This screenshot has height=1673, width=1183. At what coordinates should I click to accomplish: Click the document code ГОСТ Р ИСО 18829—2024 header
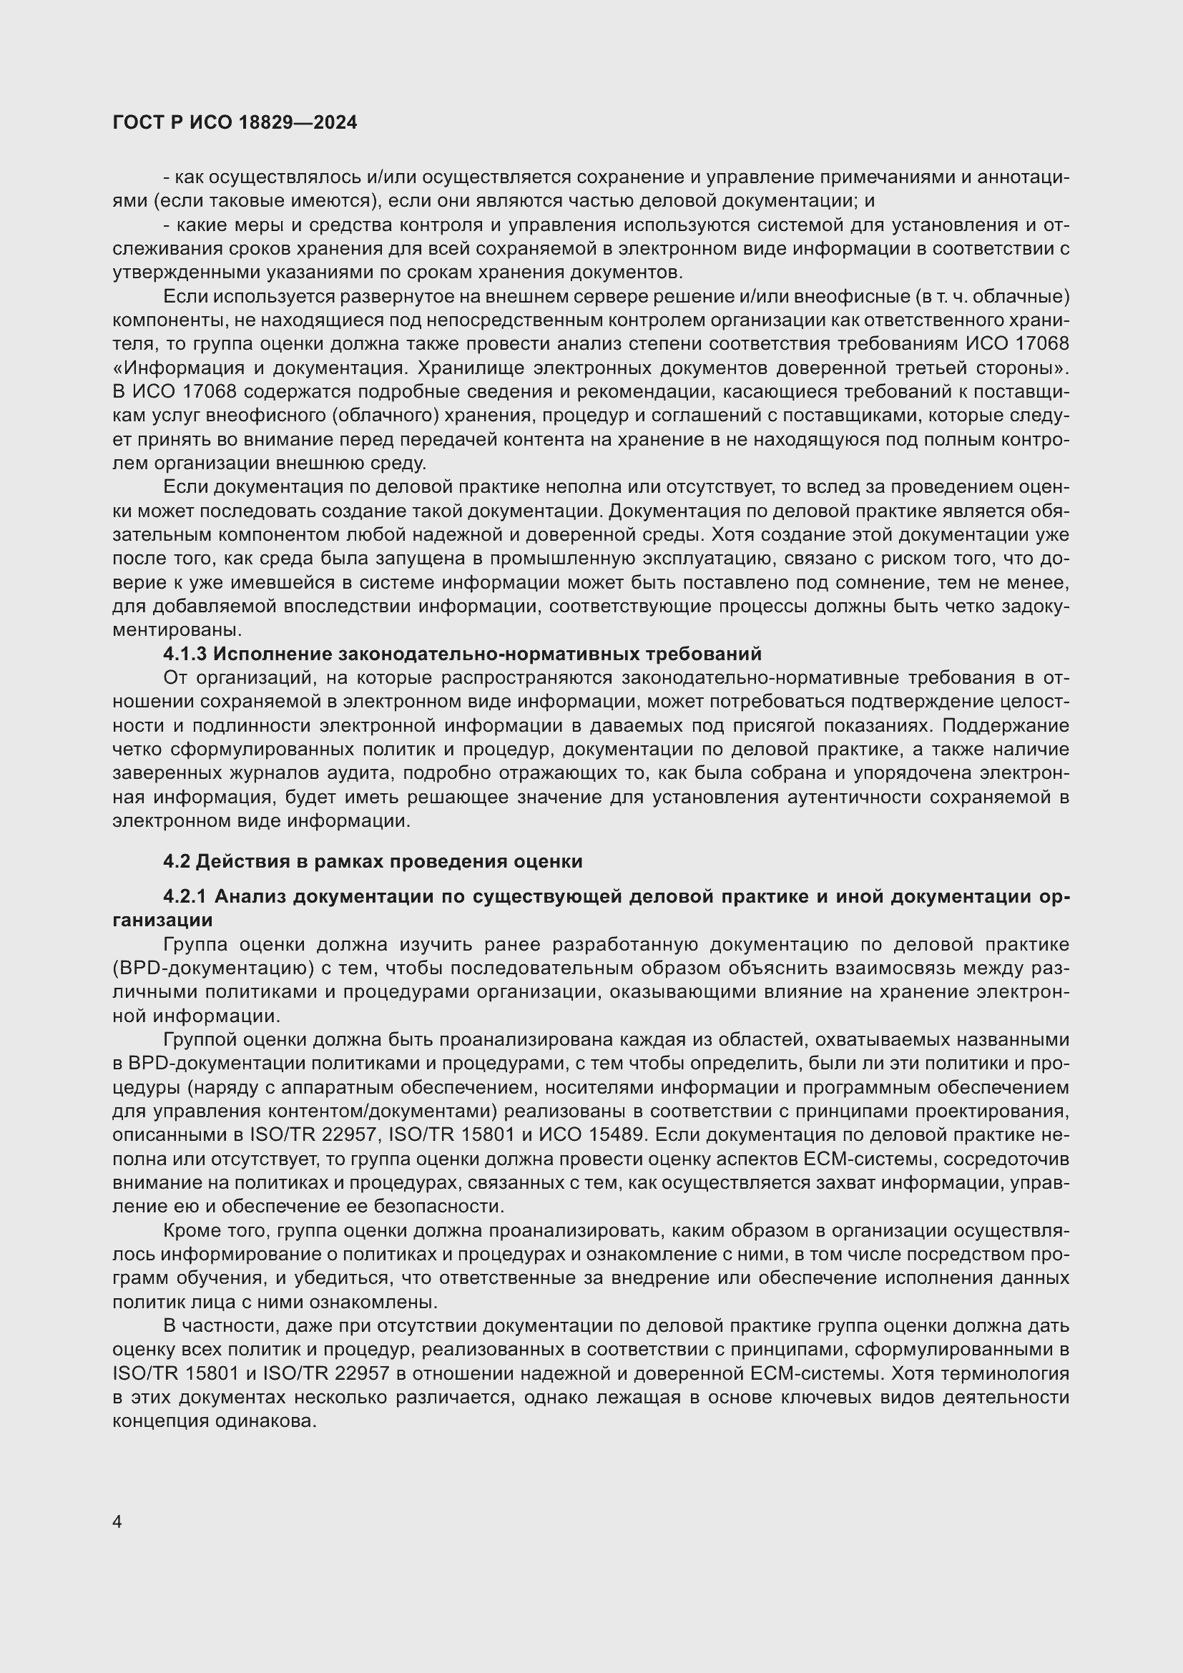(x=235, y=122)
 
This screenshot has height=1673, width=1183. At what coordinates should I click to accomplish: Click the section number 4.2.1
(x=185, y=896)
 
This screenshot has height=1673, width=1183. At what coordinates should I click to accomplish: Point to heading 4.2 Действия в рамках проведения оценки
(x=372, y=861)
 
